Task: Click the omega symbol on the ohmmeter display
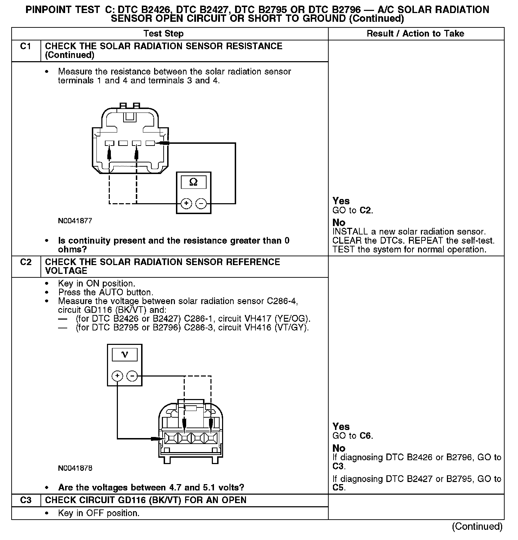[194, 182]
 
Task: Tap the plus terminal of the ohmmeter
[186, 204]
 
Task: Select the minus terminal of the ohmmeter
[201, 204]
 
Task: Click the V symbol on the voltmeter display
[125, 354]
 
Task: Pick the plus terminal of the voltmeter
[117, 376]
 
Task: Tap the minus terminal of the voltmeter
[132, 376]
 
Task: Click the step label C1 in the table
[26, 46]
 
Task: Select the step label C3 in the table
[26, 500]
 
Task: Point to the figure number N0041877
[75, 221]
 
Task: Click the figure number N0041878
[75, 468]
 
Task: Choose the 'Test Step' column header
[163, 34]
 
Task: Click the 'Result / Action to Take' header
[415, 34]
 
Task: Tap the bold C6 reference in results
[366, 436]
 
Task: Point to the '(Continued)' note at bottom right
[477, 526]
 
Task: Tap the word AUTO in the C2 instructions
[111, 292]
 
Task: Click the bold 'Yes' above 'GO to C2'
[341, 201]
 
